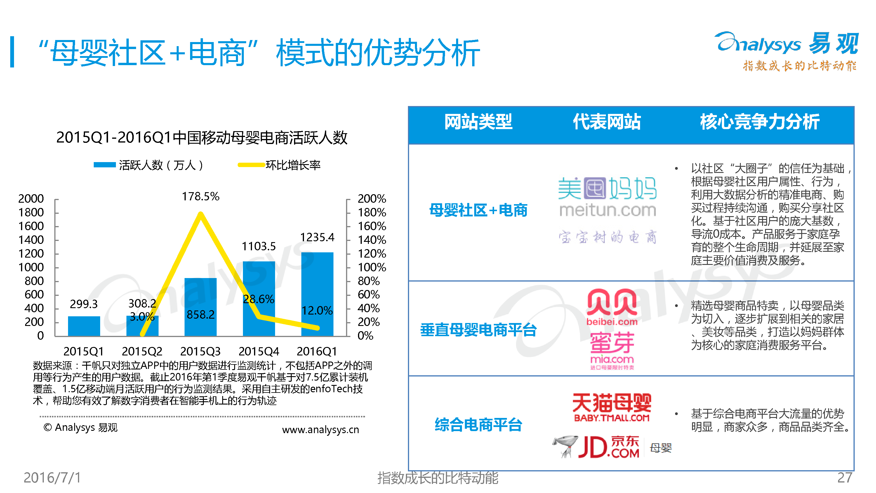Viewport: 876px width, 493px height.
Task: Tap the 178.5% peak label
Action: (200, 196)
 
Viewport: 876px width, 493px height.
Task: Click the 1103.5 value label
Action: (258, 246)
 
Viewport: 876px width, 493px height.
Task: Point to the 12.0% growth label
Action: (317, 310)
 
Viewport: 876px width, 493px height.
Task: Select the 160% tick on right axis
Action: (371, 226)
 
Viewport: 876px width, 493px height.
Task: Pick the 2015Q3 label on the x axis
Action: (200, 351)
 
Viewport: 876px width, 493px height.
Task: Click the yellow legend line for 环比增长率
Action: (251, 165)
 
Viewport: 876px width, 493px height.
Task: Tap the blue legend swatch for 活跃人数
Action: (105, 165)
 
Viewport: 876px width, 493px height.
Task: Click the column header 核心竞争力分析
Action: (759, 122)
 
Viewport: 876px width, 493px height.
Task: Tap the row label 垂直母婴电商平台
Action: (478, 330)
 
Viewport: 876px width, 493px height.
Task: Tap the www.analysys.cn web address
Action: (320, 429)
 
